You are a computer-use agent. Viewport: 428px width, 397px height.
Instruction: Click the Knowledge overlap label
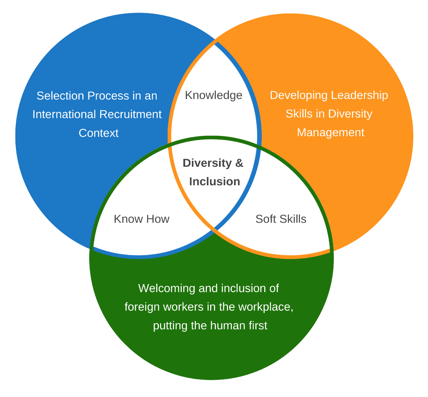point(213,95)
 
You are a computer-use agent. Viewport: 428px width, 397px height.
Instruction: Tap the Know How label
point(142,219)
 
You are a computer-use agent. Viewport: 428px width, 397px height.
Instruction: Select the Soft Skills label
point(281,219)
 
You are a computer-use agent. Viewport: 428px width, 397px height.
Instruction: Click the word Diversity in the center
point(207,163)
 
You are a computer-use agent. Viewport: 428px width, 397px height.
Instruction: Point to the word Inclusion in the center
point(214,181)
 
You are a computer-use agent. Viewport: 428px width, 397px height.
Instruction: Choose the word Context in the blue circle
point(98,133)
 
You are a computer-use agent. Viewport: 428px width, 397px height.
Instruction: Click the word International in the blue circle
point(64,114)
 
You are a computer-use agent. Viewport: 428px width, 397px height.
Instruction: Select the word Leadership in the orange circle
point(360,96)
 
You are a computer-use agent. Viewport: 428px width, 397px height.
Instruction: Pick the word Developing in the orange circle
point(299,96)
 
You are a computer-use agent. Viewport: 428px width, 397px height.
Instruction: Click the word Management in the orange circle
point(331,133)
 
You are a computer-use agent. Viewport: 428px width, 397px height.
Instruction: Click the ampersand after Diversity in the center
point(239,163)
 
